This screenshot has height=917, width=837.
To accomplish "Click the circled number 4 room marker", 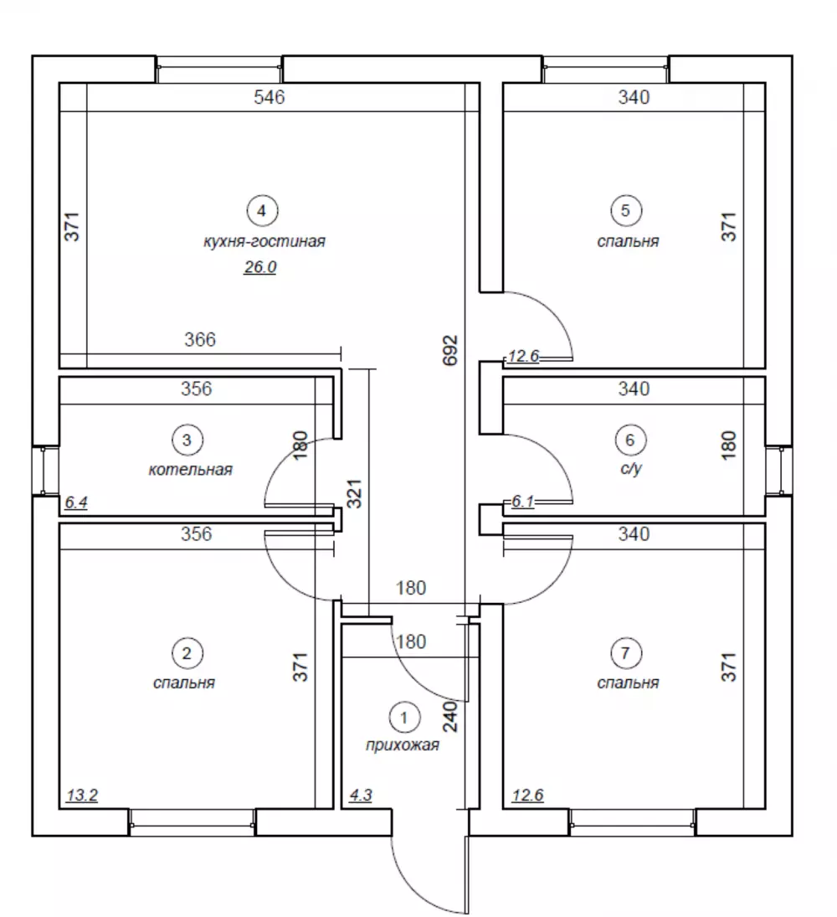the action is [x=262, y=210].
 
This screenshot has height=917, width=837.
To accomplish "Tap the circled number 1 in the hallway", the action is [x=404, y=717].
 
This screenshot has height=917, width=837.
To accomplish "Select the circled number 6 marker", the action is [x=630, y=440].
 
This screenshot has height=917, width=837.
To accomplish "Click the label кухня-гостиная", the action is [x=264, y=241].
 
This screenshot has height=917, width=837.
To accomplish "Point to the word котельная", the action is [x=191, y=470].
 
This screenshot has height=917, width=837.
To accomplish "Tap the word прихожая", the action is [x=402, y=745].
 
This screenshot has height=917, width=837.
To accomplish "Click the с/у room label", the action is [x=631, y=469].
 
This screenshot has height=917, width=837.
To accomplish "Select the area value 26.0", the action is [x=260, y=267].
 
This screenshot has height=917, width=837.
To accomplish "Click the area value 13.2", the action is [x=82, y=796].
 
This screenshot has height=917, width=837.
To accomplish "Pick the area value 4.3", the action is [x=361, y=796].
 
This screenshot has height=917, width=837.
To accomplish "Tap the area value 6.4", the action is [x=76, y=502].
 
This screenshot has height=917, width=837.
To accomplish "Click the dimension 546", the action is [x=270, y=97].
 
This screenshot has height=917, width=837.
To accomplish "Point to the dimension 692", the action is [x=450, y=350].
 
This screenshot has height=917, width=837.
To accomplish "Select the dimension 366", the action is [x=200, y=339].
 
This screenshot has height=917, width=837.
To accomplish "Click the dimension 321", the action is [x=355, y=494].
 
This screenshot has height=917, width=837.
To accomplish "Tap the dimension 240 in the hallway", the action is [x=450, y=717].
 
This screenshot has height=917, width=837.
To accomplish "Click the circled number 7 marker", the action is [x=625, y=652].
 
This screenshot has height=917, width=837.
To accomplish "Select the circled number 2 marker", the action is [x=187, y=652].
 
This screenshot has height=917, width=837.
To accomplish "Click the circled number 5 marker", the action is [x=625, y=210].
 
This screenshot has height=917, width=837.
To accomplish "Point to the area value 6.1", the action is [x=522, y=502].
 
